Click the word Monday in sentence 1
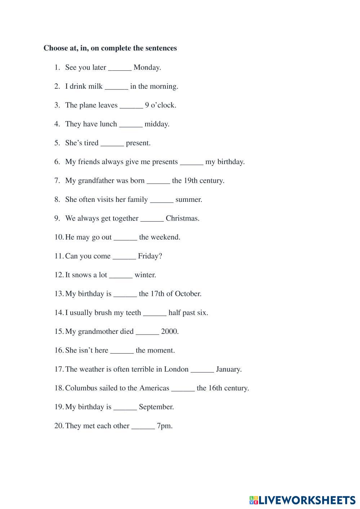(x=147, y=67)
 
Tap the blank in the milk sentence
(x=116, y=87)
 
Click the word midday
(x=157, y=124)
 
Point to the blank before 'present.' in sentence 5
(x=112, y=143)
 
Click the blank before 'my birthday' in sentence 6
(x=191, y=162)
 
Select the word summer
(x=188, y=200)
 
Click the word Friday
(x=150, y=256)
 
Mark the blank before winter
(x=121, y=275)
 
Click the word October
(x=188, y=294)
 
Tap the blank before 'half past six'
(x=155, y=313)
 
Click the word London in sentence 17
(x=176, y=369)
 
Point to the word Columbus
(x=81, y=388)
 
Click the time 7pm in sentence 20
(x=164, y=426)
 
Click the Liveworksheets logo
(x=302, y=500)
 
